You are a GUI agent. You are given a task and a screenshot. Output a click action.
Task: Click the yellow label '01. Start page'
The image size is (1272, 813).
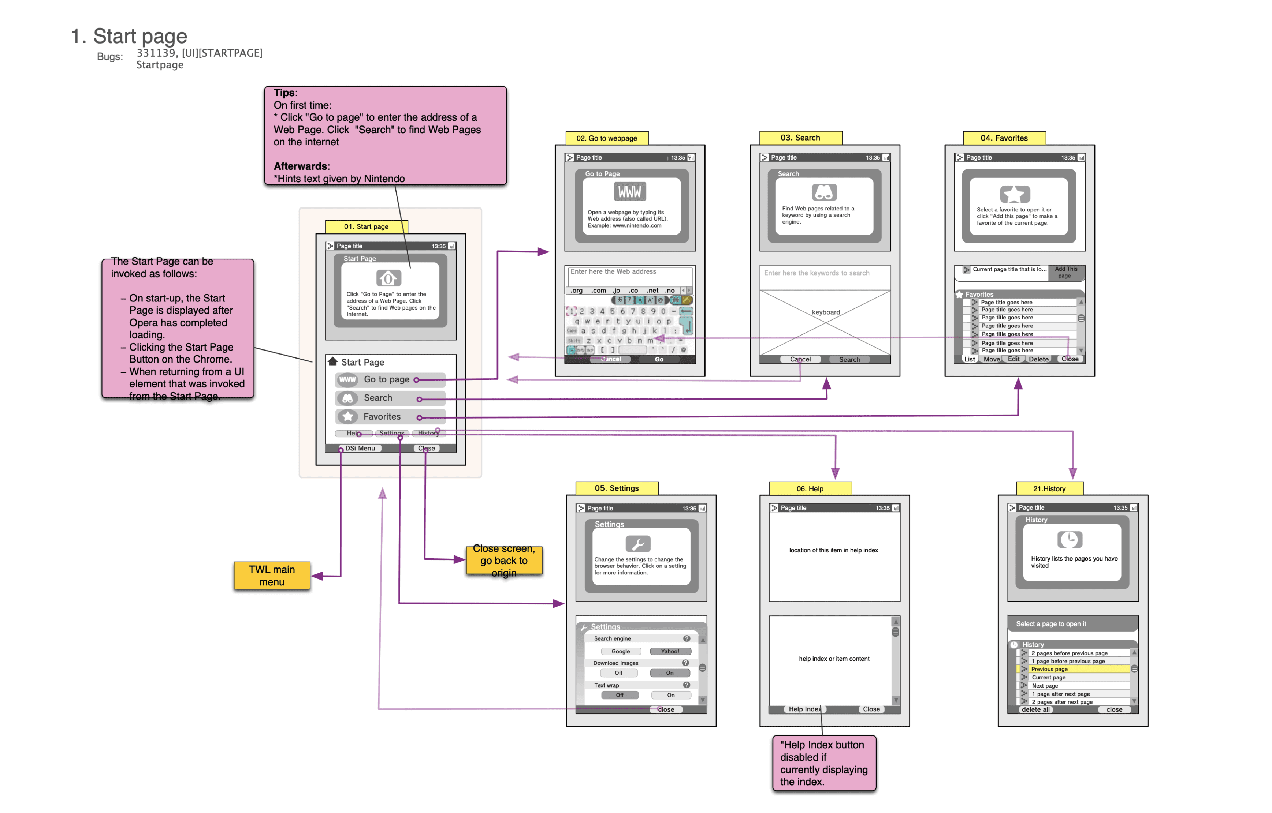(x=366, y=226)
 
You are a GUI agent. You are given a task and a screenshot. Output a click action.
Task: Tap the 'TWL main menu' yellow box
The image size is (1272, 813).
(x=272, y=576)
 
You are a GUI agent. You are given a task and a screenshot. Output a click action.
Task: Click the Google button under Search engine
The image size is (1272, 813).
(x=621, y=651)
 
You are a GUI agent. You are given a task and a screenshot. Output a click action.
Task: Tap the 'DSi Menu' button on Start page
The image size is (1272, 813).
(x=360, y=448)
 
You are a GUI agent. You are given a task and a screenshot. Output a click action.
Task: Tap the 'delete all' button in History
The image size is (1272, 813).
(x=1035, y=709)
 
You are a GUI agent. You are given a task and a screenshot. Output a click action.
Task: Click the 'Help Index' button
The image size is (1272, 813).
(x=804, y=709)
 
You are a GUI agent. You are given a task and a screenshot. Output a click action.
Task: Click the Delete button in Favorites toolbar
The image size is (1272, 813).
(x=1038, y=359)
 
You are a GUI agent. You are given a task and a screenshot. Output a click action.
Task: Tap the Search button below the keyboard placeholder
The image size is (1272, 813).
(x=849, y=360)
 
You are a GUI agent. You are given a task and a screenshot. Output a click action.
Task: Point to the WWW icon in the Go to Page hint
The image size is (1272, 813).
(x=630, y=192)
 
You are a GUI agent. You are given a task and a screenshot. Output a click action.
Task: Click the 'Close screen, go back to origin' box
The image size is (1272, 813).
(x=504, y=561)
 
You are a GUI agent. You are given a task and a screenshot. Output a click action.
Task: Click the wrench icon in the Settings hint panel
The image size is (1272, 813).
(x=637, y=544)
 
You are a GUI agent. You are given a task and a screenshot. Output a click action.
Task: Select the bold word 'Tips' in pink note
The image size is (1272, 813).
(x=284, y=93)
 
